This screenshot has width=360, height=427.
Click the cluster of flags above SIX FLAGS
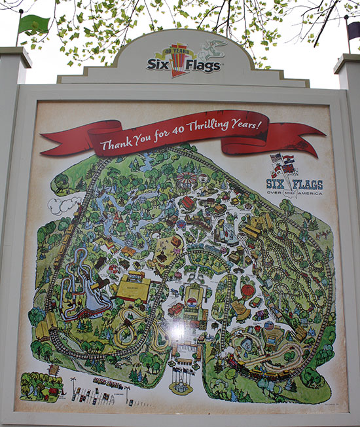click(x=284, y=164)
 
